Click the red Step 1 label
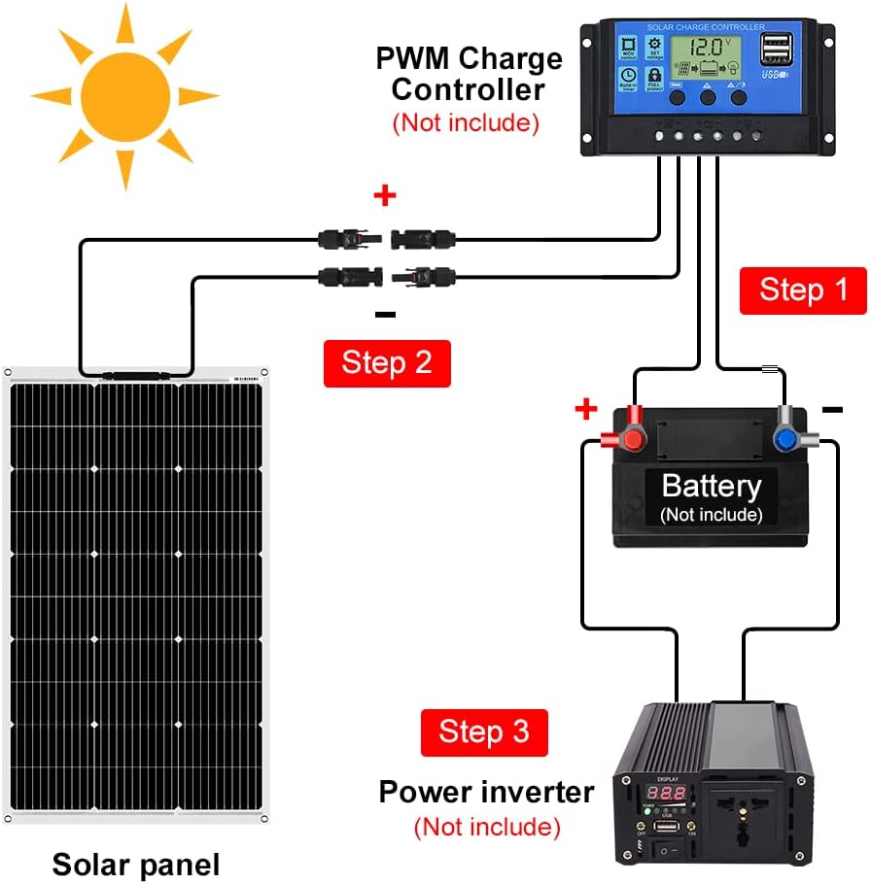(803, 290)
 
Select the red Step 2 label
(386, 363)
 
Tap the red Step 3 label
(484, 731)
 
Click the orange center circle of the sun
(123, 94)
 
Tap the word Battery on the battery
(711, 486)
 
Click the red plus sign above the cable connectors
(385, 196)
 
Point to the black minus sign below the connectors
(385, 314)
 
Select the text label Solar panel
(136, 864)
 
